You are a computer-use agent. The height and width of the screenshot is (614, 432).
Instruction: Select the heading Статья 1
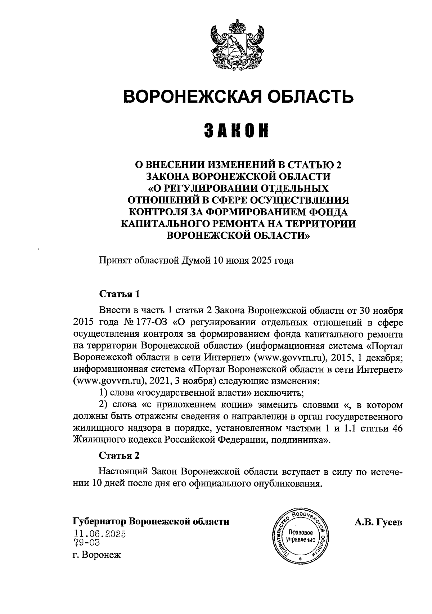[x=119, y=293]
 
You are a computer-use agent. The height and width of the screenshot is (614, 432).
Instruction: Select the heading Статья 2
[x=119, y=455]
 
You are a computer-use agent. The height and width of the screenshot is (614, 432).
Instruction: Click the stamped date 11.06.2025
[x=99, y=534]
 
